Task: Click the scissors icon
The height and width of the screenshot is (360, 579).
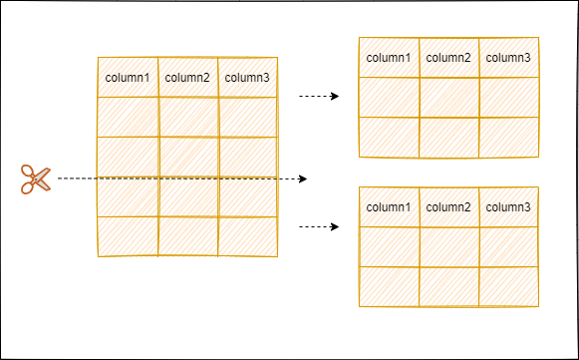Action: click(36, 180)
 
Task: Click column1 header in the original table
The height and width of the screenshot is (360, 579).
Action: click(128, 77)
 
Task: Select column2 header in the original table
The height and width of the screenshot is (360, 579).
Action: click(187, 77)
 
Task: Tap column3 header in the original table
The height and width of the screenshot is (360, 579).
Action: click(247, 77)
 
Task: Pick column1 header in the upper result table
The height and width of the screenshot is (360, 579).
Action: click(389, 57)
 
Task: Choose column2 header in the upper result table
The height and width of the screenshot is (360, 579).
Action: click(448, 57)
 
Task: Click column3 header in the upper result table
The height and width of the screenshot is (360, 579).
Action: click(508, 57)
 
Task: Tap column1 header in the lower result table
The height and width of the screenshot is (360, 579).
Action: click(389, 207)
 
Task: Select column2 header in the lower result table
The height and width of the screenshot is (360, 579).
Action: click(448, 207)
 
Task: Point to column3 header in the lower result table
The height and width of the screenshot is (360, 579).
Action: click(508, 207)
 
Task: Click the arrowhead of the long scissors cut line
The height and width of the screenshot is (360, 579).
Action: click(303, 179)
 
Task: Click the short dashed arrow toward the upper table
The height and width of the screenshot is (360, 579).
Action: click(319, 96)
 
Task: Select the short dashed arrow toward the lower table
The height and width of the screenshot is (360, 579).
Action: click(319, 226)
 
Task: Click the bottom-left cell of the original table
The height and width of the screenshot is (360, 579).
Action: click(128, 236)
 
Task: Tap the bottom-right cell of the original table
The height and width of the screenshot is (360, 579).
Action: click(247, 236)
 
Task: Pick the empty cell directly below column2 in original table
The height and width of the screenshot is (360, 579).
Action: click(187, 117)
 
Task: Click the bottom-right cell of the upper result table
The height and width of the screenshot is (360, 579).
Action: click(508, 138)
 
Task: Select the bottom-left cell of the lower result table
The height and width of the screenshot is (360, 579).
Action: click(389, 287)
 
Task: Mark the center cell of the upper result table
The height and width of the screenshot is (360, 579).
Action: click(448, 97)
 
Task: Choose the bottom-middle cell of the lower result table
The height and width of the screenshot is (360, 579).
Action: click(448, 287)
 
